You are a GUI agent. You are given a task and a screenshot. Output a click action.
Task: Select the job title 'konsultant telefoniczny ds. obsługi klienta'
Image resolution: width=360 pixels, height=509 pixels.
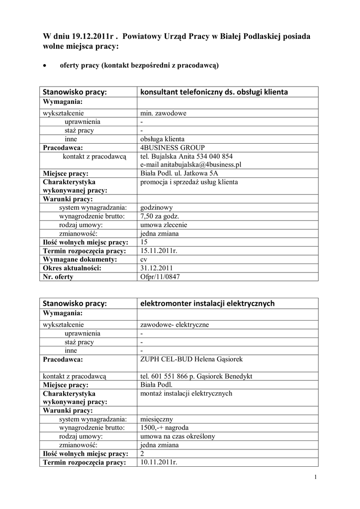point(214,92)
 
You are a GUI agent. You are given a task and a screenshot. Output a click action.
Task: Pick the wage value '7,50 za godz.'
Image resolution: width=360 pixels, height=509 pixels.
point(160,216)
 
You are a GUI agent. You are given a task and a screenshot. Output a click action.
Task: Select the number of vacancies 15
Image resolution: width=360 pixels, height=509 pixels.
point(145,242)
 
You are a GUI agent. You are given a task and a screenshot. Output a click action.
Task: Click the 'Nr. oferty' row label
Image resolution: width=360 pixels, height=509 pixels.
point(58,277)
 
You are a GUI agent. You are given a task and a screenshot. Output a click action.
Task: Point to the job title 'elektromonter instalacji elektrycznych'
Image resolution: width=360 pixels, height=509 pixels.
point(207,303)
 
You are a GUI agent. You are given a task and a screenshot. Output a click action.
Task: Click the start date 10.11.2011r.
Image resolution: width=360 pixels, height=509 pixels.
point(159,463)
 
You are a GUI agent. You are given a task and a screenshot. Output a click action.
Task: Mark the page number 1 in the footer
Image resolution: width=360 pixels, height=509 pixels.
point(316,478)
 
